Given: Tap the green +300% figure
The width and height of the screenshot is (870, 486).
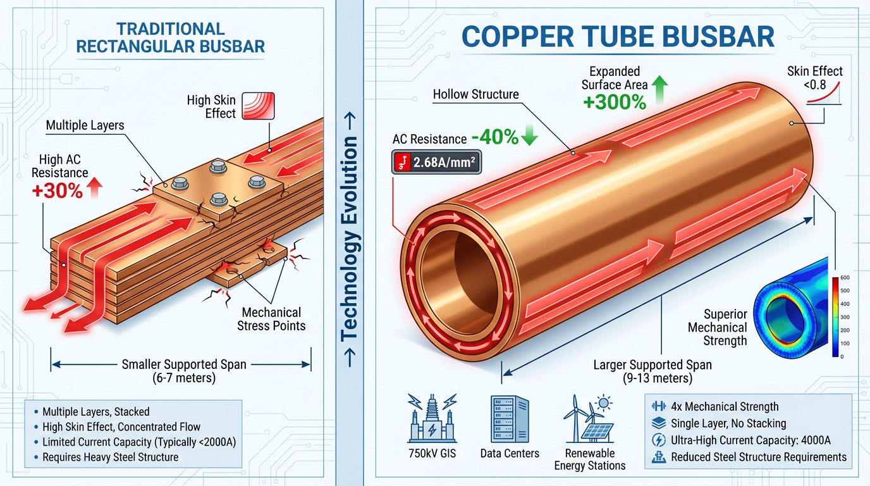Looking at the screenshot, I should click(x=614, y=102).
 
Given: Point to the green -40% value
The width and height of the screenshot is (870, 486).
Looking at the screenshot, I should click(x=503, y=137).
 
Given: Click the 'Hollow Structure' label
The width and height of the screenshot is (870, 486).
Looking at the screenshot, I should click(x=475, y=95).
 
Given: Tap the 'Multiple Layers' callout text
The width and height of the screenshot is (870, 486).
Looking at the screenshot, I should click(x=85, y=125).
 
